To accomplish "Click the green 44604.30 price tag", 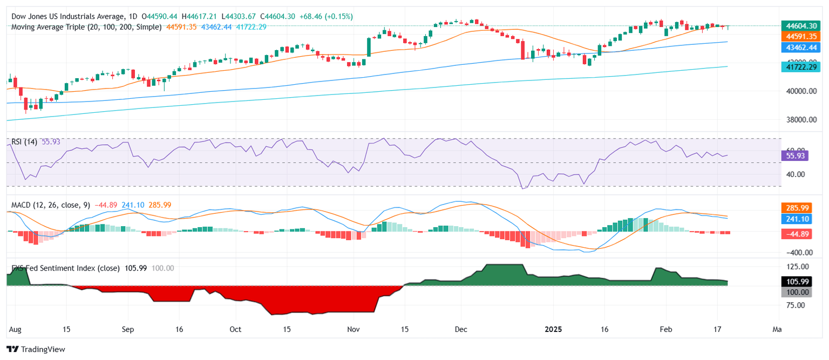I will pyautogui.click(x=800, y=25).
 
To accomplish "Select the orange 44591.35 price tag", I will pyautogui.click(x=800, y=36).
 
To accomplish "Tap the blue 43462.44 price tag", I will pyautogui.click(x=800, y=47).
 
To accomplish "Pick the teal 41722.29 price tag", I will pyautogui.click(x=800, y=66).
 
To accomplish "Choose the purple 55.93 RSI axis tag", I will pyautogui.click(x=794, y=155).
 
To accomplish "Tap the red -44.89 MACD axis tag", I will pyautogui.click(x=797, y=234).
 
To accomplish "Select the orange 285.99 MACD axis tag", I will pyautogui.click(x=797, y=207).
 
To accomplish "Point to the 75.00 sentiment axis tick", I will pyautogui.click(x=797, y=305).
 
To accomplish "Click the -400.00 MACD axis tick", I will pyautogui.click(x=797, y=253).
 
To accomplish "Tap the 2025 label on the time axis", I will pyautogui.click(x=554, y=329).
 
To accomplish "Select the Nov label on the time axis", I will pyautogui.click(x=353, y=329).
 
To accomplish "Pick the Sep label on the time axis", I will pyautogui.click(x=127, y=329).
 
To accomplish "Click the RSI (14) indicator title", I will pyautogui.click(x=24, y=141).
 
